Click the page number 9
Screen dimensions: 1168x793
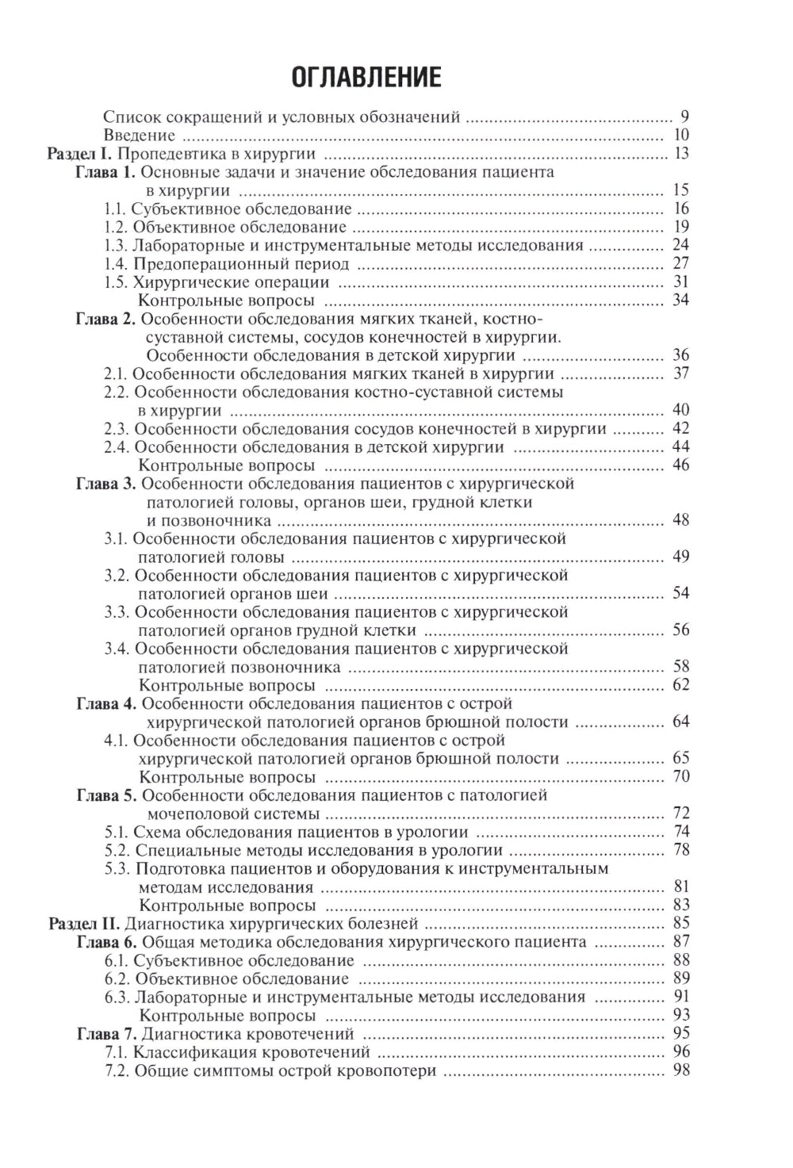(684, 117)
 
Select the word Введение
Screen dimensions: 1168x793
(140, 135)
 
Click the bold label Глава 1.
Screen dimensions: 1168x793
(106, 172)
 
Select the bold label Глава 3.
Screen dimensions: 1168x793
(106, 484)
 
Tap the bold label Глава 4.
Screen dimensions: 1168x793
(106, 703)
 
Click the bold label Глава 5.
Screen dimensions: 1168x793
(106, 795)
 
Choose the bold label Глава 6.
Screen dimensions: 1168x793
(106, 942)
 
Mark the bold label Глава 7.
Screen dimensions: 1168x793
(106, 1034)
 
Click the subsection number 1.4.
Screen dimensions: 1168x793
(116, 263)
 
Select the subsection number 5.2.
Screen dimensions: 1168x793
(116, 851)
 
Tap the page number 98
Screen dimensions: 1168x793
(680, 1070)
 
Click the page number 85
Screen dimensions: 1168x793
(680, 923)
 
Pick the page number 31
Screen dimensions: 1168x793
(680, 282)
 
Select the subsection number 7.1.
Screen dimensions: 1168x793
(116, 1052)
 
